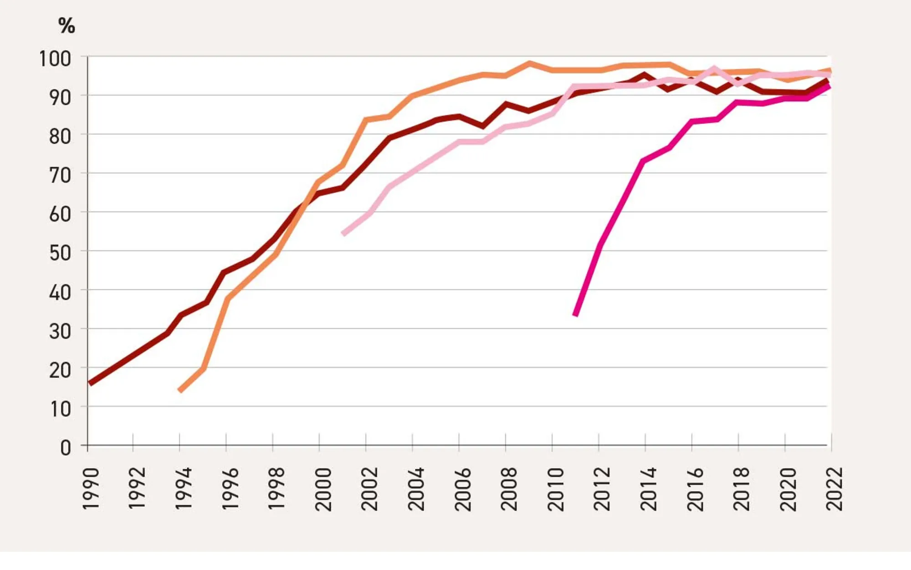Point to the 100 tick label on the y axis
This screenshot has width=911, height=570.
pos(55,59)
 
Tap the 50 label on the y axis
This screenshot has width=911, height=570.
pos(60,253)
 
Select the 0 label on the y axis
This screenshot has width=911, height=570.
pos(66,448)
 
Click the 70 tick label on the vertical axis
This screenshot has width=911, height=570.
pos(60,175)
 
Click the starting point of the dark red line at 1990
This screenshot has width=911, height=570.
pos(90,383)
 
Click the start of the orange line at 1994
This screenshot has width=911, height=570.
pos(180,390)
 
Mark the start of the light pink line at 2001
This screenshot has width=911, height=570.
pos(343,234)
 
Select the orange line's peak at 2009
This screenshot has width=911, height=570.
pos(529,63)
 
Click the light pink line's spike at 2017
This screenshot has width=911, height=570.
pos(714,69)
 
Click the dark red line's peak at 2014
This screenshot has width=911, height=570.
pos(645,75)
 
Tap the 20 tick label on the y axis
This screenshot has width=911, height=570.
pos(60,370)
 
